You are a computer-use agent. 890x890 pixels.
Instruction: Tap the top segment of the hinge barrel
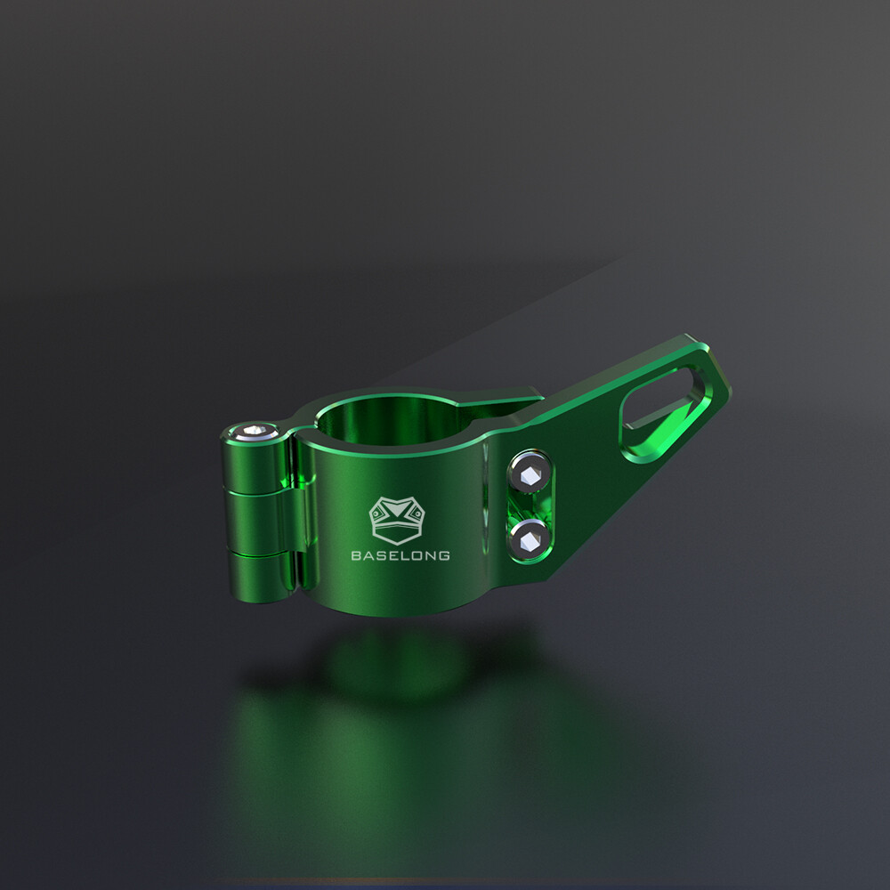point(254,463)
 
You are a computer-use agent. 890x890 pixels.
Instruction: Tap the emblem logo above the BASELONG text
point(399,519)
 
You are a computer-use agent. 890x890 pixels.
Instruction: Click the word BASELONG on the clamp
point(400,555)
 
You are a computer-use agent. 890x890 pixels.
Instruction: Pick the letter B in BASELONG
point(356,555)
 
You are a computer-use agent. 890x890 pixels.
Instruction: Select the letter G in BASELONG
point(443,555)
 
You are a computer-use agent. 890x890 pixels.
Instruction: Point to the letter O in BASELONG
point(417,555)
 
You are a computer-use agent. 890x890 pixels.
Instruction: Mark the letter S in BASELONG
point(381,555)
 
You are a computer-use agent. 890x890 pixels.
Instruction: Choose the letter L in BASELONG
point(405,555)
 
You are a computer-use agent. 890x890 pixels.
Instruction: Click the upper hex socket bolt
point(530,473)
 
